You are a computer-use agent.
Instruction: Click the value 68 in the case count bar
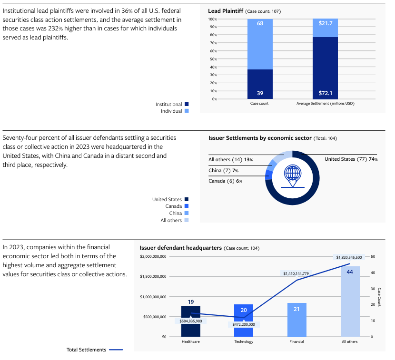point(260,23)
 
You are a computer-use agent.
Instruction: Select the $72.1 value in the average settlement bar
point(326,93)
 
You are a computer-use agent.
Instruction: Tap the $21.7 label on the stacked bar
point(326,23)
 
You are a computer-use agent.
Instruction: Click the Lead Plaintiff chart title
point(226,10)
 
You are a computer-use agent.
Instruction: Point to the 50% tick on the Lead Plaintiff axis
point(213,59)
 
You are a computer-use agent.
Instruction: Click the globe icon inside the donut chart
point(292,174)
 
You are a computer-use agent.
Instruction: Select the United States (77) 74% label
point(351,159)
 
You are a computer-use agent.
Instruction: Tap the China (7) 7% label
point(223,170)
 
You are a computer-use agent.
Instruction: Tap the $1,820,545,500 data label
point(349,257)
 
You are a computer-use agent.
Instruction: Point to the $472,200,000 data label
point(244,324)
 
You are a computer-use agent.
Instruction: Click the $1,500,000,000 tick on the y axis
point(153,276)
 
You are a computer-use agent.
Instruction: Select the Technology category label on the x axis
point(244,341)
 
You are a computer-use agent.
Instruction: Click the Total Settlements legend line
point(116,350)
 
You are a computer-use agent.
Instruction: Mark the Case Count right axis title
point(379,297)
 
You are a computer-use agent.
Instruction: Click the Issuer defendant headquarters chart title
point(181,248)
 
